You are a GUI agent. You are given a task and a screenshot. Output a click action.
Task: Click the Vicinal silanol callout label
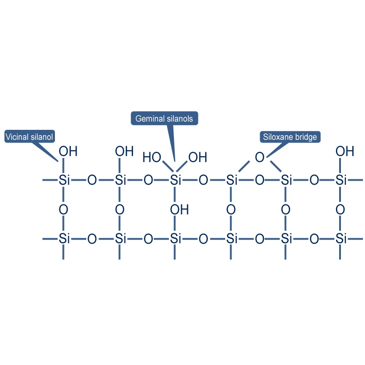30,137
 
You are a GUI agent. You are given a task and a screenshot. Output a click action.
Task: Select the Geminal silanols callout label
164,118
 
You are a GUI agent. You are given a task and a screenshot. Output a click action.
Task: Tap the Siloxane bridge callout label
290,137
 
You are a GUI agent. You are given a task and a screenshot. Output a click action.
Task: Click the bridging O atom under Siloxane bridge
259,158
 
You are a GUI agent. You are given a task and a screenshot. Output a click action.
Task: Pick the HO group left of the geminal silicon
152,158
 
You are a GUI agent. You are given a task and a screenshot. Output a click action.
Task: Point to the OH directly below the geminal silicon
179,210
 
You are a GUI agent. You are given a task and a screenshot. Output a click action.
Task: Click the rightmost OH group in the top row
345,151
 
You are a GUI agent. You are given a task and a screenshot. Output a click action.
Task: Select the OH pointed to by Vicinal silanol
69,151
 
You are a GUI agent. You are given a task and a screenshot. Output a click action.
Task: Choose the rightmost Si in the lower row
341,238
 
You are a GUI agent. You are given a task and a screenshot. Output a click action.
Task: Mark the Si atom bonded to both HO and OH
176,181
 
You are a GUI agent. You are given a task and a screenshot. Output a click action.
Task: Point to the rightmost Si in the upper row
341,181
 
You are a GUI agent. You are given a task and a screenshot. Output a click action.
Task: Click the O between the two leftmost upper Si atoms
92,181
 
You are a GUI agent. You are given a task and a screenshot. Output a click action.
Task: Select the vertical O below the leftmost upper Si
64,210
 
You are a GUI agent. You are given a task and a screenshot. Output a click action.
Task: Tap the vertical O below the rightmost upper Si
340,210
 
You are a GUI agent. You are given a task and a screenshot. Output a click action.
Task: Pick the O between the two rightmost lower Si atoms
314,238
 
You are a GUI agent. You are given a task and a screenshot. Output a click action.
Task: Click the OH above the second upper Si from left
124,151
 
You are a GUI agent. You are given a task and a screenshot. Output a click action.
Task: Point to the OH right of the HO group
197,158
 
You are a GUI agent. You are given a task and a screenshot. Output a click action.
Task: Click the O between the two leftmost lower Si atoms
92,238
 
